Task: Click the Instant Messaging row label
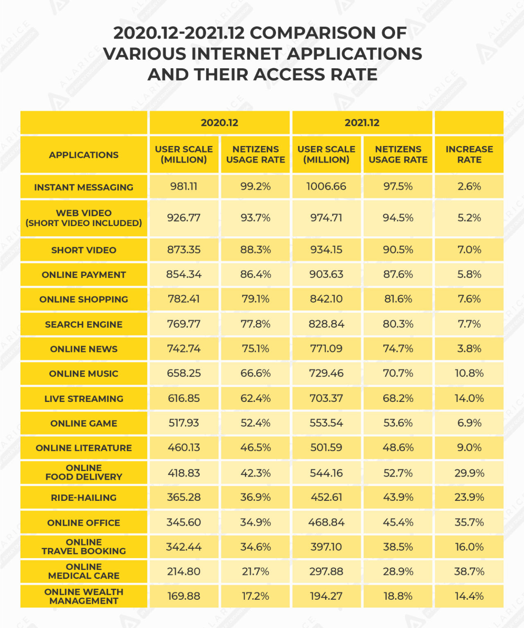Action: coord(84,187)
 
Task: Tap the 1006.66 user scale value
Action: coord(326,186)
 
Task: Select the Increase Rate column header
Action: coord(469,155)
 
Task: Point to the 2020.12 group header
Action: coord(219,123)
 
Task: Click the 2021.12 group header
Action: coord(362,123)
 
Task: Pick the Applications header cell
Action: coord(84,155)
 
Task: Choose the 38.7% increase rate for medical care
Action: coord(469,571)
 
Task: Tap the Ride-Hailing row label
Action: coord(84,498)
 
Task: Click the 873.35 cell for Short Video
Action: coord(184,249)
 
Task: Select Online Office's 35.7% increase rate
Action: coord(469,522)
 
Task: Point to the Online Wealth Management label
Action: coord(84,596)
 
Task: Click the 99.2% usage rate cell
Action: coord(255,186)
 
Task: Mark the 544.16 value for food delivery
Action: coord(326,473)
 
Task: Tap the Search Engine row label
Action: coord(84,324)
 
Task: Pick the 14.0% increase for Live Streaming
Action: coord(469,398)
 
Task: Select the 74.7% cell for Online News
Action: coord(398,349)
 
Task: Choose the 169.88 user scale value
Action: coord(184,596)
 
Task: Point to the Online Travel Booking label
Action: coord(84,547)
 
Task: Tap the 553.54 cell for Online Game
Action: coord(326,423)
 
